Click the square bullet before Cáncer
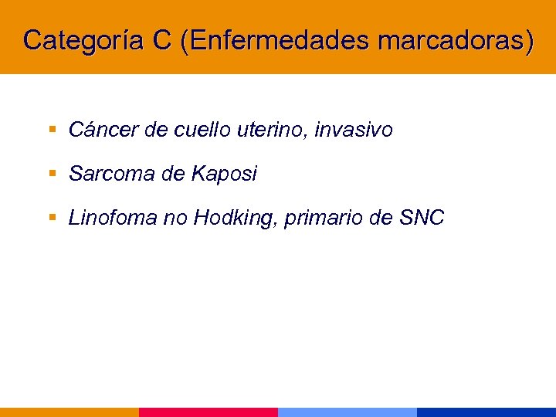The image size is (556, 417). click(53, 130)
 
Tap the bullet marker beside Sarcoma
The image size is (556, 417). click(53, 174)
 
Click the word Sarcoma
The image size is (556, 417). click(112, 175)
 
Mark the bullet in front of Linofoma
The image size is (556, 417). click(53, 218)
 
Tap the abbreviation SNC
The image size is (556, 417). click(422, 219)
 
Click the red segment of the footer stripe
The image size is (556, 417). click(208, 412)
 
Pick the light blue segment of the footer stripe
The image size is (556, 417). click(347, 412)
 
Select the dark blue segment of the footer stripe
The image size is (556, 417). click(486, 412)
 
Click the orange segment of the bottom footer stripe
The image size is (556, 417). click(69, 412)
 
